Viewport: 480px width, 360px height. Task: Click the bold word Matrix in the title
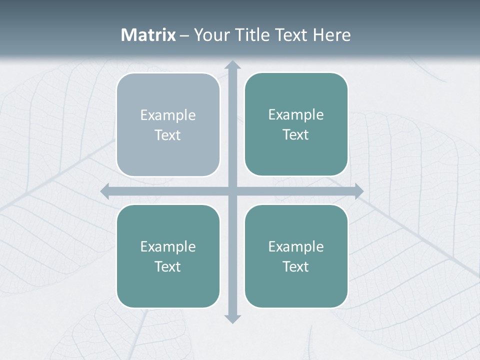[x=148, y=35]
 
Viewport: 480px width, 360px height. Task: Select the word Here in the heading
[x=331, y=35]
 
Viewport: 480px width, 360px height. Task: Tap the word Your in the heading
[x=210, y=35]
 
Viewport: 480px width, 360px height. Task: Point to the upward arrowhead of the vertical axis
[x=232, y=65]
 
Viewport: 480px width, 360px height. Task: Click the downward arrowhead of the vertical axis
[x=232, y=318]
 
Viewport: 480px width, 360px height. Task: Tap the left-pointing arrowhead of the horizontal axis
[x=105, y=191]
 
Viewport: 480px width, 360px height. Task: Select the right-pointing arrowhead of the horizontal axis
[x=359, y=191]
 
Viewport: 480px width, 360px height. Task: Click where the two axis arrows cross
[x=232, y=191]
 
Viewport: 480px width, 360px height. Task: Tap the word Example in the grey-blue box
[x=168, y=115]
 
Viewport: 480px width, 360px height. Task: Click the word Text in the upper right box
[x=296, y=135]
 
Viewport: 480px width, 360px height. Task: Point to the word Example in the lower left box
[x=168, y=247]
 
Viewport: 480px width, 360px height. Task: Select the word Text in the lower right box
[x=296, y=266]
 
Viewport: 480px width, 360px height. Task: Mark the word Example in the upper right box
[x=296, y=115]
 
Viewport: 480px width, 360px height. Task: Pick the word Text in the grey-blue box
[x=168, y=135]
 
